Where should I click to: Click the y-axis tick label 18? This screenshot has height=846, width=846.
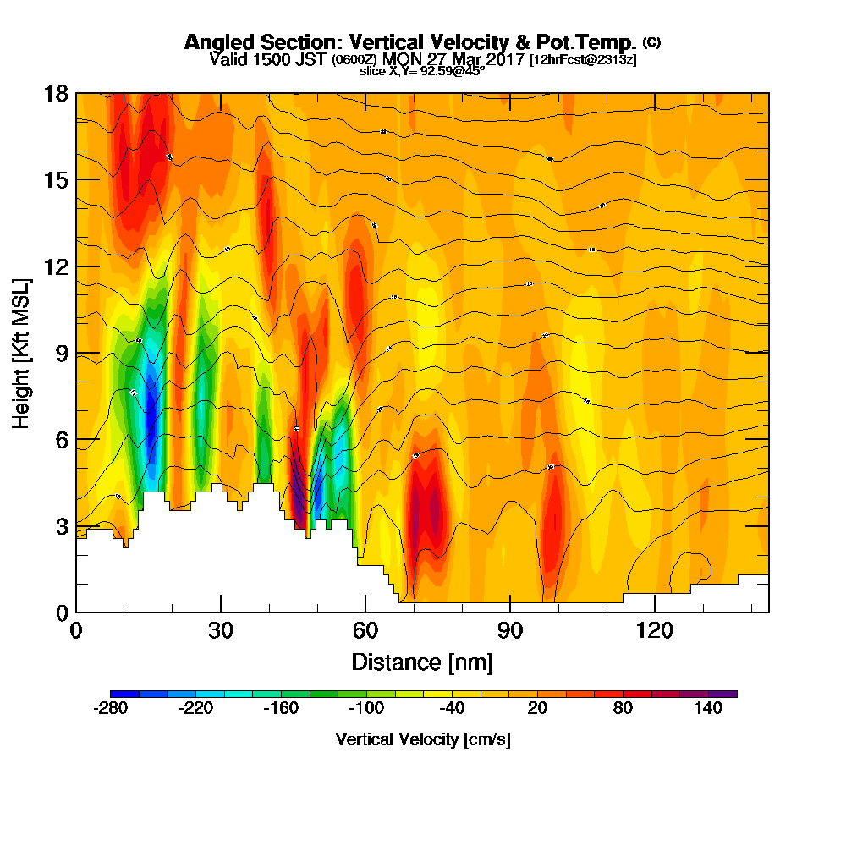pyautogui.click(x=56, y=93)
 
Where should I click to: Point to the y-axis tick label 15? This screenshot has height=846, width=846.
pyautogui.click(x=56, y=179)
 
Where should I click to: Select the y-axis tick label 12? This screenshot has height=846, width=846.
pyautogui.click(x=56, y=266)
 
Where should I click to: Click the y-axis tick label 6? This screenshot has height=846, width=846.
pyautogui.click(x=62, y=440)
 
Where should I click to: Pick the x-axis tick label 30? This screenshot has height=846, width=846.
pyautogui.click(x=221, y=630)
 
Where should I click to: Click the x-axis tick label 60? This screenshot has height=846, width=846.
pyautogui.click(x=365, y=630)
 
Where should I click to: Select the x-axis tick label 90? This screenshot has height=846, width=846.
pyautogui.click(x=510, y=630)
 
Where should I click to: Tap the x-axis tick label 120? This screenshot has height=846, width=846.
pyautogui.click(x=655, y=630)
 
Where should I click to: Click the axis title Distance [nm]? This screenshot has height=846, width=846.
pyautogui.click(x=422, y=661)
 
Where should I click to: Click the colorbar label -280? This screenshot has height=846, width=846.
pyautogui.click(x=110, y=709)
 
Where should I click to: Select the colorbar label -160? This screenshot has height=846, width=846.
pyautogui.click(x=281, y=709)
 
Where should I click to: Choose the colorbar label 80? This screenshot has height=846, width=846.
pyautogui.click(x=624, y=709)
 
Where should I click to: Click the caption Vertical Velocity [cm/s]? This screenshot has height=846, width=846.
pyautogui.click(x=423, y=739)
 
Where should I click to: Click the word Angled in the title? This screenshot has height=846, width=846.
pyautogui.click(x=214, y=42)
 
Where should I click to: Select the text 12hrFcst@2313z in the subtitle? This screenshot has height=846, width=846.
pyautogui.click(x=583, y=60)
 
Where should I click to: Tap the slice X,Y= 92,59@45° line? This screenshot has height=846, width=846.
pyautogui.click(x=422, y=71)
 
